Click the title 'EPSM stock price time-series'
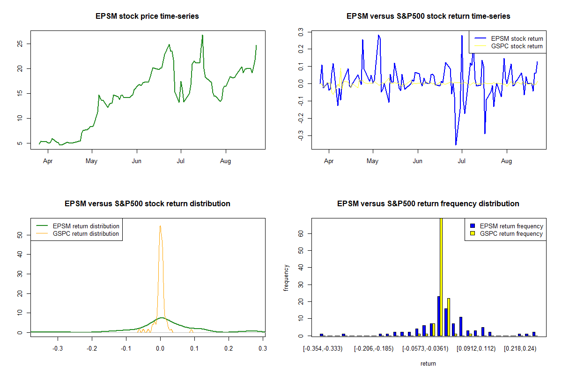147,16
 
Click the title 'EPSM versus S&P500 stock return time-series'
428,16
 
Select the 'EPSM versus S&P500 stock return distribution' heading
147,204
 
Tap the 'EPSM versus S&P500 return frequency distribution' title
428,204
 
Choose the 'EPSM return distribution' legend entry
86,226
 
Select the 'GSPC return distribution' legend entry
86,233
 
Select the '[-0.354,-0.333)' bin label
323,349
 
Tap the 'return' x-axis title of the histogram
428,363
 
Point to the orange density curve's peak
160,226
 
